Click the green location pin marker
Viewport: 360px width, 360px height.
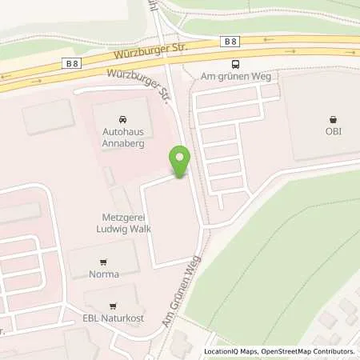point(180,161)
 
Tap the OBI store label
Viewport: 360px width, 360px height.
point(333,131)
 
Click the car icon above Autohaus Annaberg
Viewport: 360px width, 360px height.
point(122,117)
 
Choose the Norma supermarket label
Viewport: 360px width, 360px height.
point(105,274)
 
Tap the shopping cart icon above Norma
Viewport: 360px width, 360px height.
point(102,262)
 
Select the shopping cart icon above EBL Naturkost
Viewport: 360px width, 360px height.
point(114,305)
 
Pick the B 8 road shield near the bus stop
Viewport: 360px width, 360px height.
point(231,40)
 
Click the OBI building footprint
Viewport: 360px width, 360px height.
point(320,112)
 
